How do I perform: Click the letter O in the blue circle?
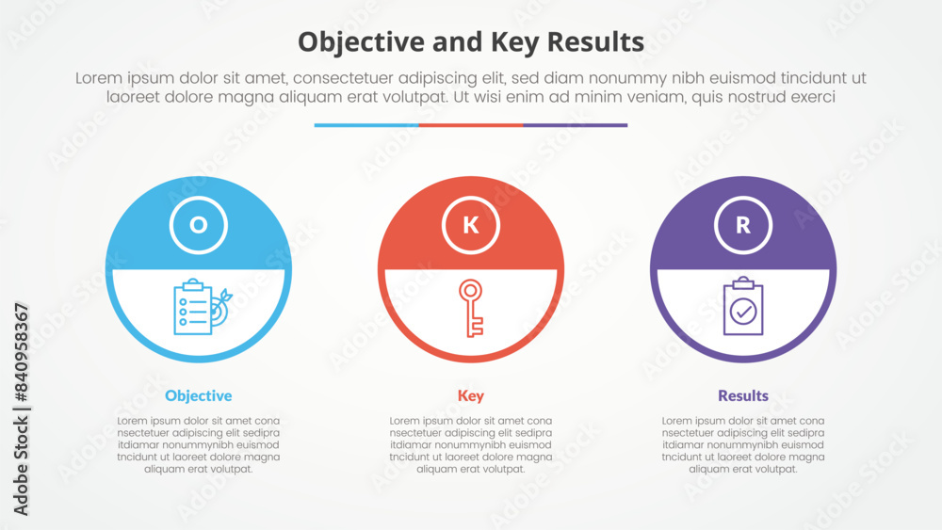pos(198,224)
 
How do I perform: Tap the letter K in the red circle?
pos(471,224)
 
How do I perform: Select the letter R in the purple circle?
pos(743,224)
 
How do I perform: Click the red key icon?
pos(471,307)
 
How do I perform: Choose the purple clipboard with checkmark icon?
pos(743,307)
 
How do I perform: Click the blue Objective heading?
pos(198,395)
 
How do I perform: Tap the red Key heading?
pos(471,395)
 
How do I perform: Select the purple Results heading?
pos(743,395)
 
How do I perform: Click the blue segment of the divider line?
pos(366,125)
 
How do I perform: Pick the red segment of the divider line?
pos(471,125)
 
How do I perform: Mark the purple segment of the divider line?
pos(576,125)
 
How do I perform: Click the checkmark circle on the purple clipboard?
pos(743,312)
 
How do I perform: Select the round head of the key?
pos(471,289)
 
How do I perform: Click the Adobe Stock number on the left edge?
pos(21,410)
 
